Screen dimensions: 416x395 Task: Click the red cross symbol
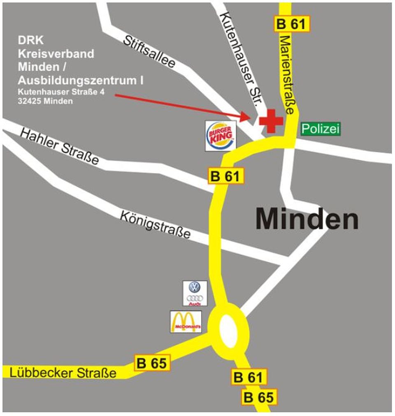coord(271,121)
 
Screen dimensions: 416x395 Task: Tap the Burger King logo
coord(221,136)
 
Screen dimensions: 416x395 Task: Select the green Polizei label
coord(321,129)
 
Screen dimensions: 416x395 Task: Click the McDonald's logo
coord(186,321)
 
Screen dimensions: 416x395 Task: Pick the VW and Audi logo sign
coord(195,293)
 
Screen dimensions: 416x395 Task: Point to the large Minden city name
coord(307,219)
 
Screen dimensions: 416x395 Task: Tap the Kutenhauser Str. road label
coord(239,59)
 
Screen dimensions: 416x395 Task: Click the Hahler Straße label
coord(60,146)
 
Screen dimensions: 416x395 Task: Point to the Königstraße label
coord(156,224)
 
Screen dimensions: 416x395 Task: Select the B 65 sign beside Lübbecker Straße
coord(152,363)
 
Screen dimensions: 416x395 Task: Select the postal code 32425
coord(30,101)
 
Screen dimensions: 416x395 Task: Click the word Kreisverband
coord(56,53)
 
